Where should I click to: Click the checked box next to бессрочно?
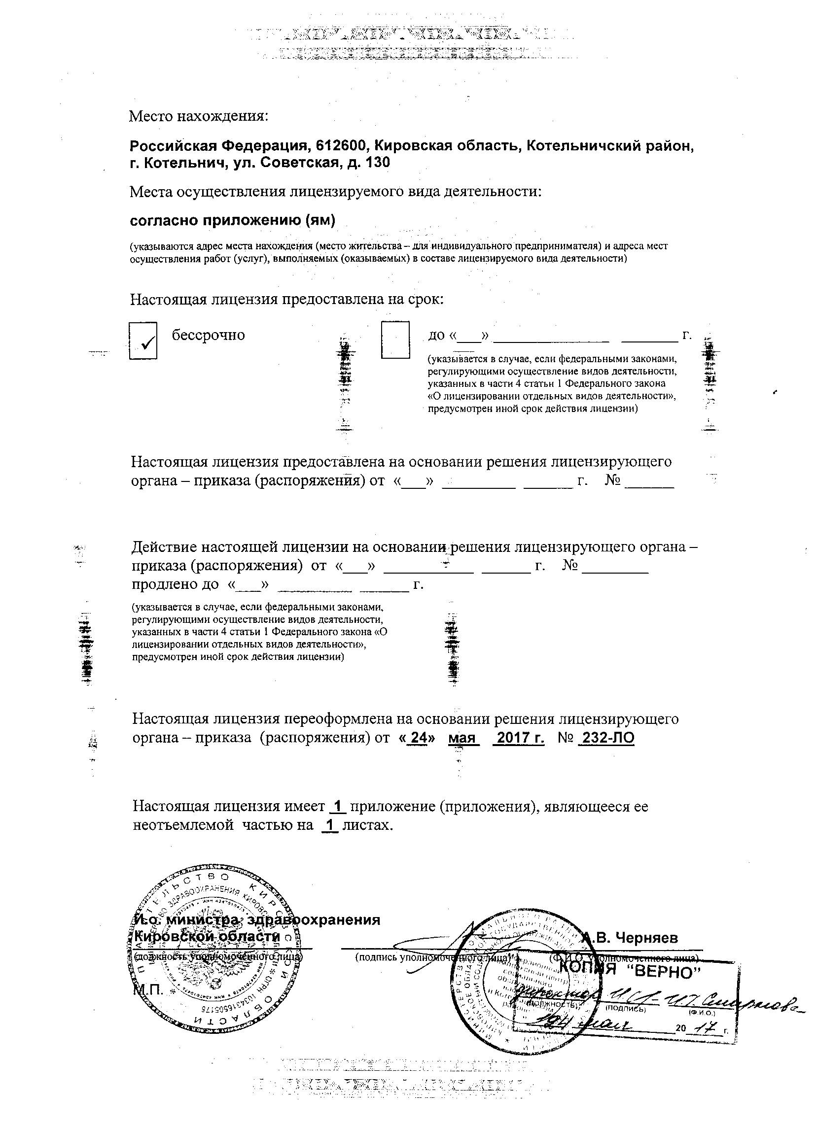click(x=143, y=341)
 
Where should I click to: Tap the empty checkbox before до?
click(x=395, y=340)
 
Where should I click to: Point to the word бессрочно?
click(x=209, y=335)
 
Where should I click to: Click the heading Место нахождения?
click(x=198, y=117)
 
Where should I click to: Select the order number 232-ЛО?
click(x=607, y=738)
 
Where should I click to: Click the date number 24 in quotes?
click(x=420, y=738)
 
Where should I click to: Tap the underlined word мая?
click(x=462, y=738)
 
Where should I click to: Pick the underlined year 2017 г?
click(x=520, y=738)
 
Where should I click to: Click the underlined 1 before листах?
click(x=330, y=825)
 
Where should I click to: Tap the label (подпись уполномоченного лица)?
click(x=433, y=957)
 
